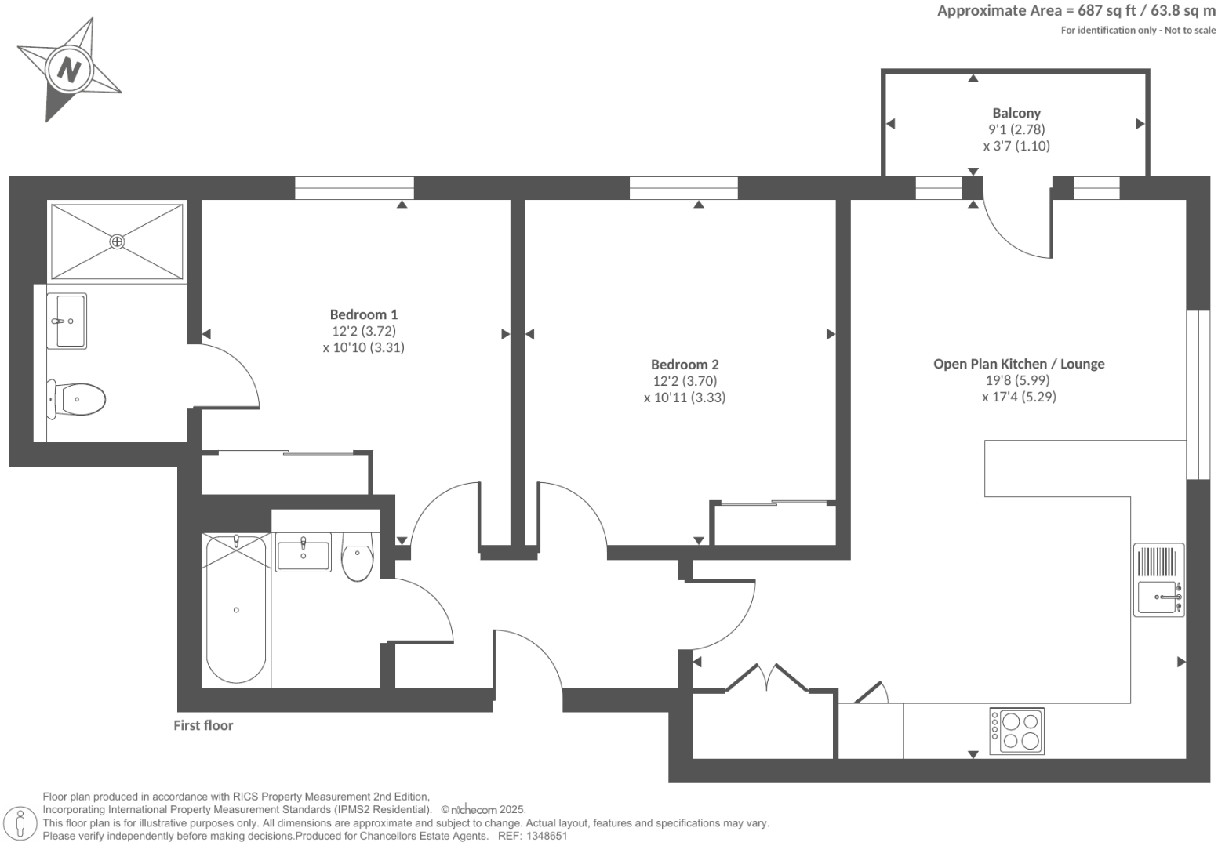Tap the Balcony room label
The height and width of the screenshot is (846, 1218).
(x=1016, y=113)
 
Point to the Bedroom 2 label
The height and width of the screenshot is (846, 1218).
(x=684, y=365)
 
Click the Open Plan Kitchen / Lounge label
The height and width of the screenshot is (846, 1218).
(x=1018, y=364)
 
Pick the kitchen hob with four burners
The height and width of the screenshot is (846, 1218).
(x=1016, y=732)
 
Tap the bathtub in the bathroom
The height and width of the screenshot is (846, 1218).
(x=235, y=609)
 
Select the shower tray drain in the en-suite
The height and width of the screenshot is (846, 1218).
(x=117, y=241)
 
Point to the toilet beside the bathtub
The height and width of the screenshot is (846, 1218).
(x=358, y=557)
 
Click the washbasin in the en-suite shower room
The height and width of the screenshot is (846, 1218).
(x=67, y=321)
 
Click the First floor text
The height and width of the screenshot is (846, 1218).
(x=203, y=726)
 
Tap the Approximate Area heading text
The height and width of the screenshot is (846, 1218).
(x=1076, y=11)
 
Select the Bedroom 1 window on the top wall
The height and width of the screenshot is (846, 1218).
(x=354, y=188)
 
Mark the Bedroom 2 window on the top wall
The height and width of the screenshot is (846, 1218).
(x=683, y=188)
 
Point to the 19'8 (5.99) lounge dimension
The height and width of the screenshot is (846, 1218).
(x=1018, y=380)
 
